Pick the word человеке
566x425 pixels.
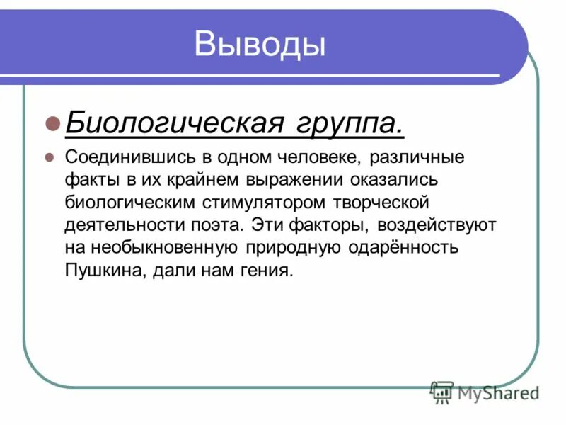[323, 157]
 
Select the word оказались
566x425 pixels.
[381, 180]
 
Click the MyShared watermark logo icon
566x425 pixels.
[441, 392]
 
